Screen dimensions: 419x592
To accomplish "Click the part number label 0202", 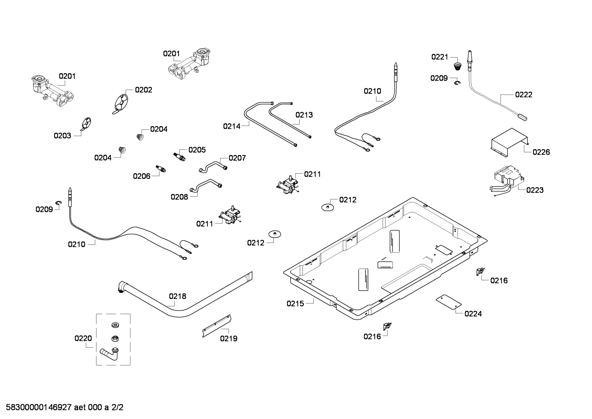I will tap(143, 90).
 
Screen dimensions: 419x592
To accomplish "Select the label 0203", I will tap(62, 136).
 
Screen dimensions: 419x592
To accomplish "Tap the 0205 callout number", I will tap(197, 150).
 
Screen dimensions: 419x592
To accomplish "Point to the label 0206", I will tap(142, 176).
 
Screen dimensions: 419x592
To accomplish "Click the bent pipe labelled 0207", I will tap(213, 166).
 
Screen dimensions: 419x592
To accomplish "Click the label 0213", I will tap(304, 115).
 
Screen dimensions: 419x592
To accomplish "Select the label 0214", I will tap(232, 127).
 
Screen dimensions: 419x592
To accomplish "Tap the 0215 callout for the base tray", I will tap(295, 304).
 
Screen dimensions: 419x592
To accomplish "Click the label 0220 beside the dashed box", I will tap(83, 339).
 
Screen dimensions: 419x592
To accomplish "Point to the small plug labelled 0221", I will tap(456, 67).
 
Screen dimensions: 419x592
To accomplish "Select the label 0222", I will tap(523, 95).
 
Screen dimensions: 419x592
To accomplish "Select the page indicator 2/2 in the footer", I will tap(117, 408).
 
